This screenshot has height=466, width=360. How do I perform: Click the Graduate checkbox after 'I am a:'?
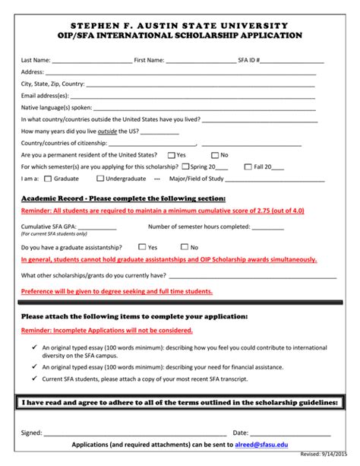49,179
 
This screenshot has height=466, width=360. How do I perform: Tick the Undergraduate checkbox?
99,179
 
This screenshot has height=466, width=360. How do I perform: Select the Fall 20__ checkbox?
249,166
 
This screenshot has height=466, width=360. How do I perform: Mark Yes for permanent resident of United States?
172,154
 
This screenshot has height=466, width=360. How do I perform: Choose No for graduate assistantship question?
185,247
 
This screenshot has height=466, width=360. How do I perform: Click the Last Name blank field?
91,60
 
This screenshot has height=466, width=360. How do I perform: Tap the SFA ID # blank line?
293,60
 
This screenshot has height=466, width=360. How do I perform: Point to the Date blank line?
292,432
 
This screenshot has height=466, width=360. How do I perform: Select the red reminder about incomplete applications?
106,331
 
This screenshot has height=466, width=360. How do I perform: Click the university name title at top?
179,26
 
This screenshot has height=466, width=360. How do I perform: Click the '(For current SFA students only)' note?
52,234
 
